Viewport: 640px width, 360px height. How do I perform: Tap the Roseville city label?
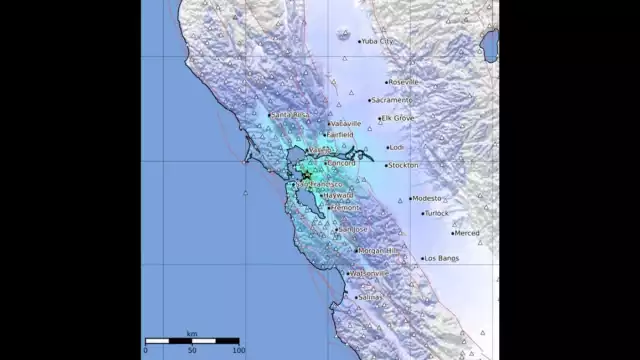[x=404, y=82]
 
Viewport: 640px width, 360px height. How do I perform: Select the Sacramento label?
[x=391, y=100]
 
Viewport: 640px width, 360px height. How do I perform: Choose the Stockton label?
[x=403, y=164]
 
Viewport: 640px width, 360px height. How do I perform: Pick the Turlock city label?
[x=437, y=213]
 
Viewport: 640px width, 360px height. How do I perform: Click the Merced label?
[x=466, y=233]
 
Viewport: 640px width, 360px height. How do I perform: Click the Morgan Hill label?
[x=379, y=250]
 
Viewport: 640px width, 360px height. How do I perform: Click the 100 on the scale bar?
[x=237, y=350]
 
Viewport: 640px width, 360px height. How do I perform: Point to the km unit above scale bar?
[x=191, y=334]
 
